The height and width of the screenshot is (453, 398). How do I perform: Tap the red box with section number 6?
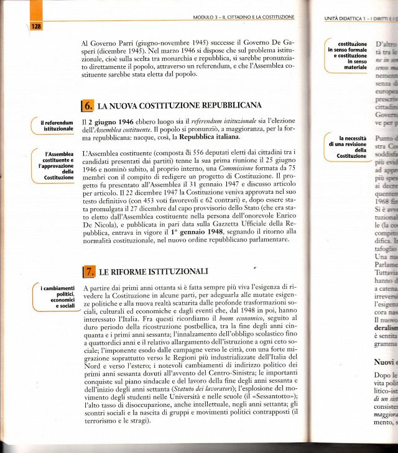click(x=88, y=105)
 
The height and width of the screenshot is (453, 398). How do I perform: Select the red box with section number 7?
click(x=88, y=271)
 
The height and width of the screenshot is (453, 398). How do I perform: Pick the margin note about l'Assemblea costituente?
click(x=57, y=165)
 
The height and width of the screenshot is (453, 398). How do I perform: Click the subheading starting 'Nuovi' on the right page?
click(x=385, y=360)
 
